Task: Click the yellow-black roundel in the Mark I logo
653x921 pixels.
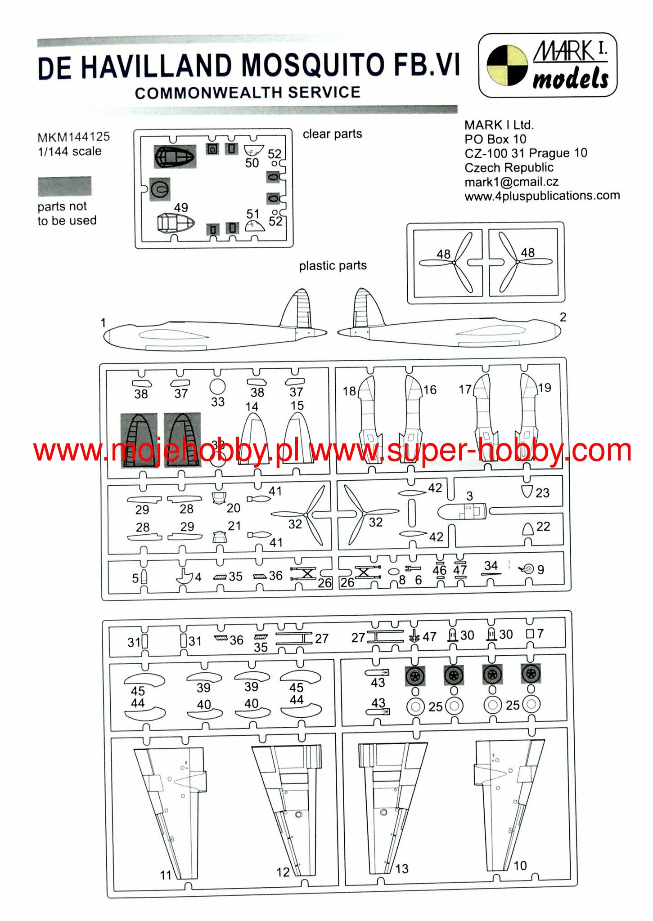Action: [507, 65]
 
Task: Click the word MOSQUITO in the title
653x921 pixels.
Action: [313, 65]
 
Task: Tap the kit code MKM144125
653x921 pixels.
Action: [74, 137]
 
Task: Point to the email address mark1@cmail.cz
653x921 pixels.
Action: [511, 182]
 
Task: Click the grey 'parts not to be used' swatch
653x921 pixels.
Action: [64, 186]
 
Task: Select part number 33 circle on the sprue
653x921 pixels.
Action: [217, 386]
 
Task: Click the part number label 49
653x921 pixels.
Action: [181, 207]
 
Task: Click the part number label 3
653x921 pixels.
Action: [469, 496]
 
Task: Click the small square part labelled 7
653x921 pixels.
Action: [530, 634]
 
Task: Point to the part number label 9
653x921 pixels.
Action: [540, 570]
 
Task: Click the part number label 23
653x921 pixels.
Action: [542, 493]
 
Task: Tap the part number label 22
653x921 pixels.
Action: [543, 526]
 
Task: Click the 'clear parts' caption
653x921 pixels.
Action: [332, 134]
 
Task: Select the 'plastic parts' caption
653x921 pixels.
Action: [333, 265]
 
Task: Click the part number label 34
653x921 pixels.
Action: [491, 565]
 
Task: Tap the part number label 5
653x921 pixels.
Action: [135, 578]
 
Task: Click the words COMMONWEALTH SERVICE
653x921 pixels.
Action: [248, 93]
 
